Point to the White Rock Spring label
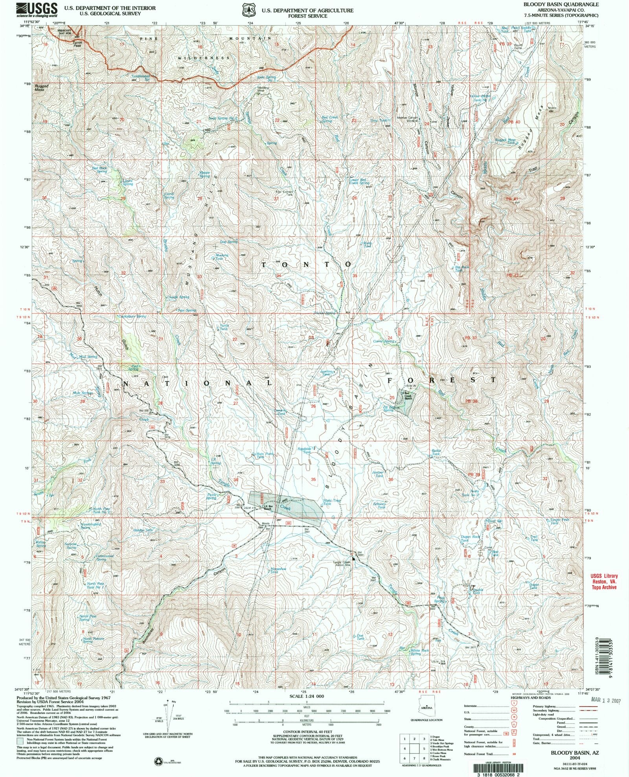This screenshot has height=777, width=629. coord(420,652)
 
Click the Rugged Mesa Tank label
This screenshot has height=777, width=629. coord(505,141)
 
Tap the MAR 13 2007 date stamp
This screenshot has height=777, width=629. coord(605,700)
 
